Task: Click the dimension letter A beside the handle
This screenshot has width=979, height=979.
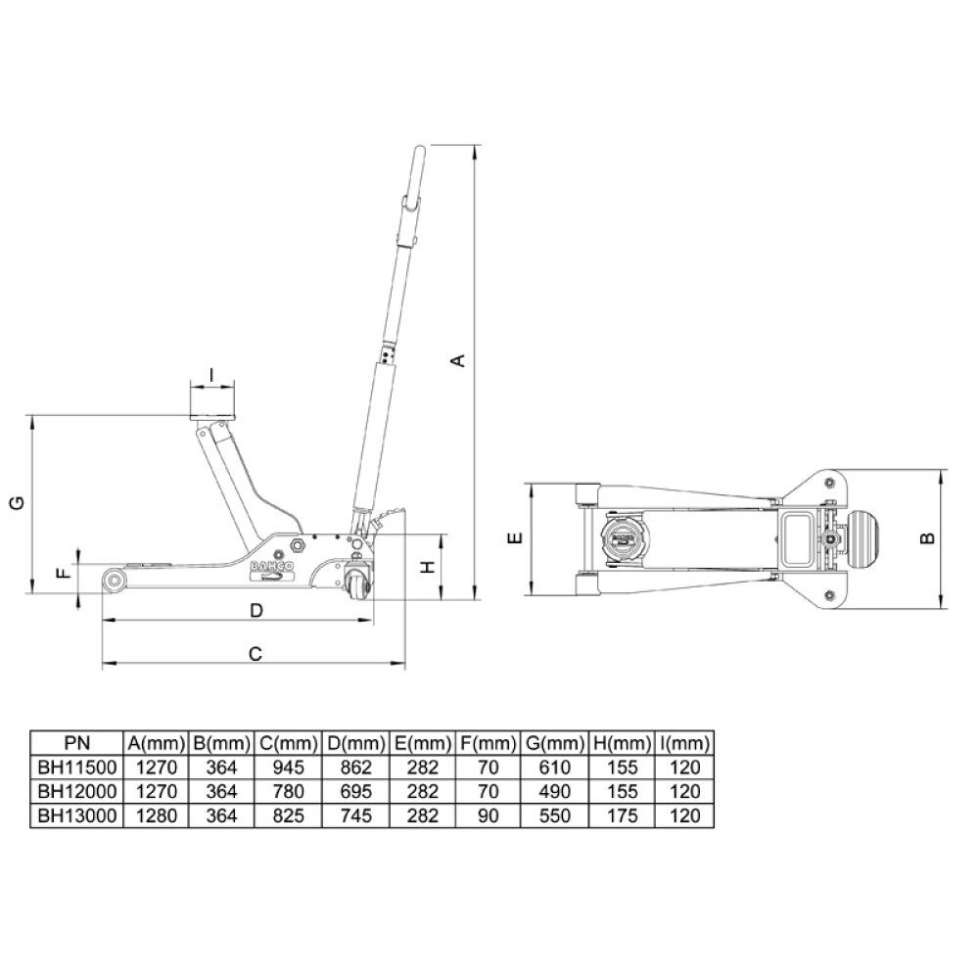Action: tap(459, 360)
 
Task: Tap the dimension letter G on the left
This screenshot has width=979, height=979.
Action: tap(20, 502)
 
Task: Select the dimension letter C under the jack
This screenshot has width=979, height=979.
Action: tap(256, 654)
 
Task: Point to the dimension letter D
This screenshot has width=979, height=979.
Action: tap(256, 611)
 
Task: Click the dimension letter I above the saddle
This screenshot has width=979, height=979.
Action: tap(212, 375)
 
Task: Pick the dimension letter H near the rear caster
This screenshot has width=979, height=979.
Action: tap(428, 567)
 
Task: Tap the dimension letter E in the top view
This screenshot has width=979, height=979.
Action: tap(516, 537)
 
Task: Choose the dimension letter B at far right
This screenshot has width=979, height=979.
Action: tap(928, 537)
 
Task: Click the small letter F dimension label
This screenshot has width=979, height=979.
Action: tap(65, 572)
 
